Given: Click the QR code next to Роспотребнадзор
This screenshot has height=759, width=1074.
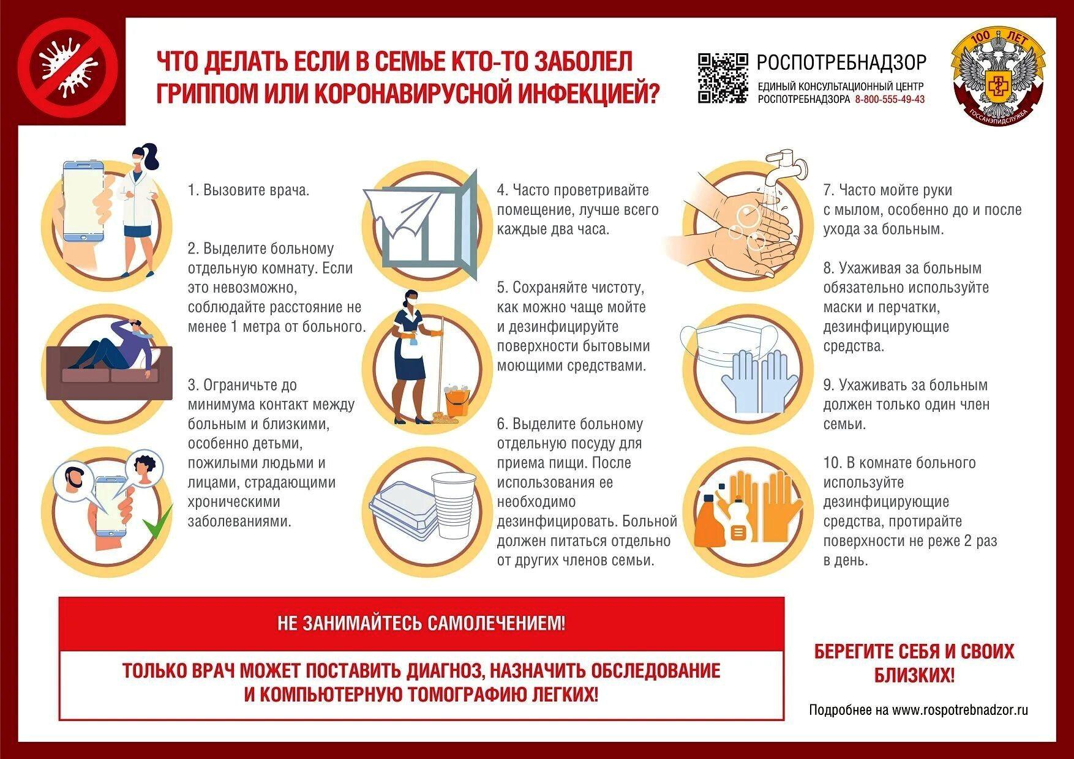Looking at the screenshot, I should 723,78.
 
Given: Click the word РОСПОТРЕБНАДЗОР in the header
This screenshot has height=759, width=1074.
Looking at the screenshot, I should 841,62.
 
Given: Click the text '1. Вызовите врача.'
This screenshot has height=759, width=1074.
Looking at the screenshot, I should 249,190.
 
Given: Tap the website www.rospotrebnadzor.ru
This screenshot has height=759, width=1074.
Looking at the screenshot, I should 959,710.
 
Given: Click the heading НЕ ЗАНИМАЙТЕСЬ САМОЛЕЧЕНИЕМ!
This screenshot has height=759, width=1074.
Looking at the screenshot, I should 421,624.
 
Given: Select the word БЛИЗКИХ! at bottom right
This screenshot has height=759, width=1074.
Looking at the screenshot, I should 914,676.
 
